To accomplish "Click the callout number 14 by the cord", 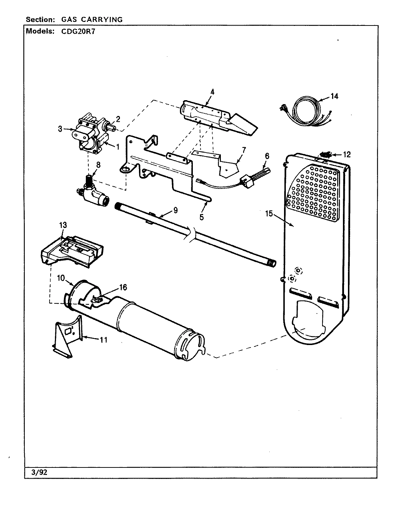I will (334, 96).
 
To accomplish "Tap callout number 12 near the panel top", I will (347, 155).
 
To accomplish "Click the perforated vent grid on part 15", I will (314, 194).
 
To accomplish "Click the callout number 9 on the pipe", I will (175, 210).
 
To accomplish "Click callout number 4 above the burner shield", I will (212, 92).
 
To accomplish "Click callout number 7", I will (244, 149).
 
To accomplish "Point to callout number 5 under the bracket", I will (202, 217).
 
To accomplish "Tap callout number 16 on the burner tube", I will (123, 288).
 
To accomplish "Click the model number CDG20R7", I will (75, 31).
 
